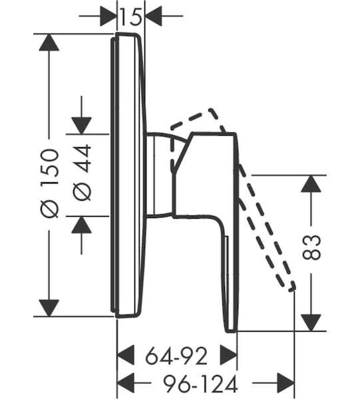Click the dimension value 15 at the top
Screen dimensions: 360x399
(130, 17)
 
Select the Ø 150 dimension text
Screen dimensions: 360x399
(50, 184)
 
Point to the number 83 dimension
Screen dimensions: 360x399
(311, 247)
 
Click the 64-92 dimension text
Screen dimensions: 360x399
(176, 356)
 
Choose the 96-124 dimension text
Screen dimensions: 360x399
(200, 384)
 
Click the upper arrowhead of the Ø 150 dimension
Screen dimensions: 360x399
(49, 43)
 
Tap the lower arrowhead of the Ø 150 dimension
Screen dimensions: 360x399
(49, 308)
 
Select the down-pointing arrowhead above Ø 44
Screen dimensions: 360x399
(81, 126)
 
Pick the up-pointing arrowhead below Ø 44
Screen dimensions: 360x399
(81, 225)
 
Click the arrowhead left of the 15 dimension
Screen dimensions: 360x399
(108, 16)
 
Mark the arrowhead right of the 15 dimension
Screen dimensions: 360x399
(153, 16)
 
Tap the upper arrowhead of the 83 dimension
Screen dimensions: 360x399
(311, 184)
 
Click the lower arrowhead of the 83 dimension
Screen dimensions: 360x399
(311, 323)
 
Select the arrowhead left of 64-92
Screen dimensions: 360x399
(125, 355)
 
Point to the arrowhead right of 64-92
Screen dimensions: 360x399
(228, 355)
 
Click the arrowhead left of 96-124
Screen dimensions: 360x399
(125, 383)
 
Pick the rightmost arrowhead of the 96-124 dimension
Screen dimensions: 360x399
(285, 383)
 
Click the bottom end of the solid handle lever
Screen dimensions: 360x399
(232, 331)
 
